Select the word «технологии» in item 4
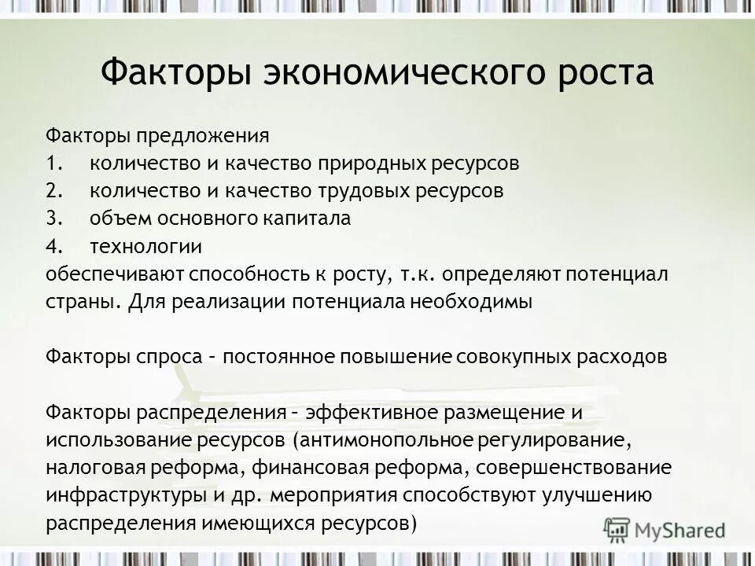[145, 247]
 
